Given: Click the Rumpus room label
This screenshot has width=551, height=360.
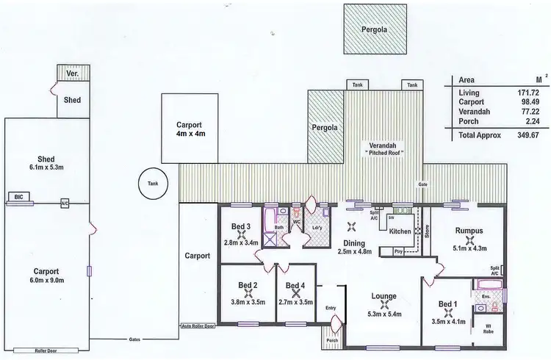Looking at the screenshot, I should tap(467, 229).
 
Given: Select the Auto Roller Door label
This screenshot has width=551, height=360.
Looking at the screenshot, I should tap(199, 325).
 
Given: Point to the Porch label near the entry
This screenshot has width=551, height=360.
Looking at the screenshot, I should tap(333, 340).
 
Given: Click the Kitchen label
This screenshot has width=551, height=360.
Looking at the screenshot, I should tap(400, 231).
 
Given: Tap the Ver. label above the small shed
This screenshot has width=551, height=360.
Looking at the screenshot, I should tap(71, 75).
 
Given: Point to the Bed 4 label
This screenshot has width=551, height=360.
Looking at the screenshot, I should tap(295, 286).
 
